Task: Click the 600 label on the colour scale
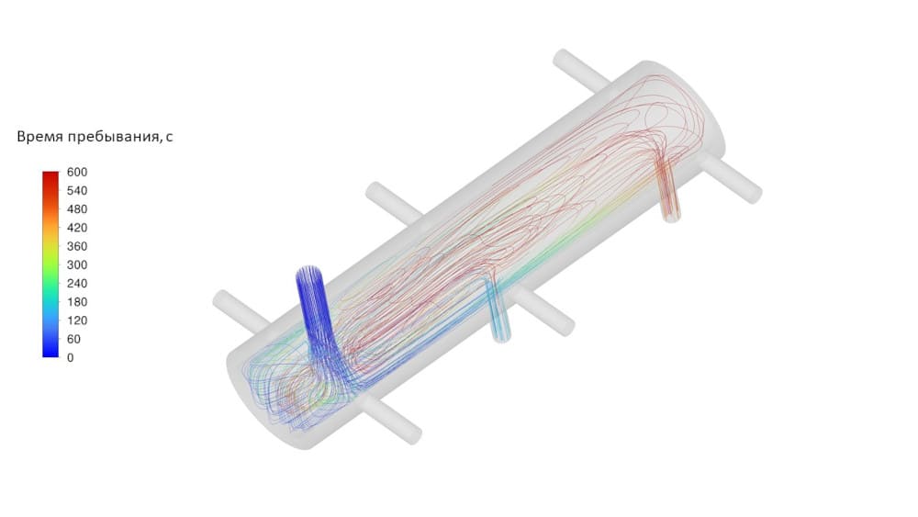pyautogui.click(x=77, y=172)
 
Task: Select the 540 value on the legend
pyautogui.click(x=77, y=191)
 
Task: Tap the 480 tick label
pyautogui.click(x=77, y=209)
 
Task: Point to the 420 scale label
pyautogui.click(x=77, y=228)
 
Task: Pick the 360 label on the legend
pyautogui.click(x=77, y=246)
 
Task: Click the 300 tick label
pyautogui.click(x=77, y=264)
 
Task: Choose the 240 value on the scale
pyautogui.click(x=77, y=284)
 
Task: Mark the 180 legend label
pyautogui.click(x=77, y=302)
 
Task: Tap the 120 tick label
pyautogui.click(x=77, y=320)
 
